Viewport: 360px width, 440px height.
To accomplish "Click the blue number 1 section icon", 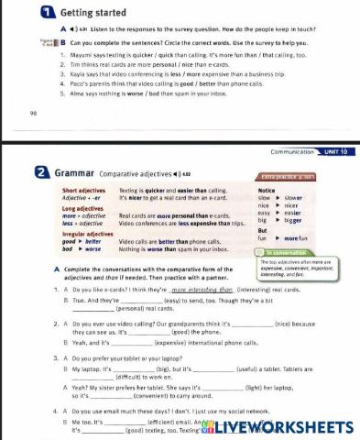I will coord(16,13).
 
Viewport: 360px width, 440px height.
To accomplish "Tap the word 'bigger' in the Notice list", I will coord(295,220).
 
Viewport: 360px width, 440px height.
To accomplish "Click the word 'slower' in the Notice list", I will coord(295,197).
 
